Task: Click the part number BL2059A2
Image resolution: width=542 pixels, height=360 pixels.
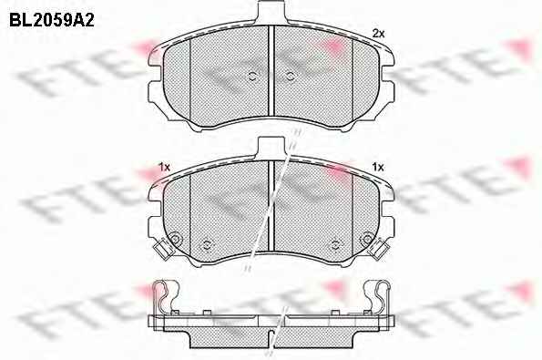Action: click(52, 20)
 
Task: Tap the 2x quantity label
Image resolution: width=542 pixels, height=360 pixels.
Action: click(378, 34)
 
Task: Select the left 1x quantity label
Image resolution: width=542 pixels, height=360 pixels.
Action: click(164, 168)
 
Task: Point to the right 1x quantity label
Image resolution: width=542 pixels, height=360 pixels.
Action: click(378, 168)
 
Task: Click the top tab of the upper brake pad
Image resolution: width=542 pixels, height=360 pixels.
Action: click(271, 13)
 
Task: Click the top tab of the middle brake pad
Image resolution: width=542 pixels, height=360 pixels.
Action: click(271, 148)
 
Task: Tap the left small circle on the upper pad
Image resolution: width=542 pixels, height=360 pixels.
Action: click(252, 77)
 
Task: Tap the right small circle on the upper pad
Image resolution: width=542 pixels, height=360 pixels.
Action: click(291, 77)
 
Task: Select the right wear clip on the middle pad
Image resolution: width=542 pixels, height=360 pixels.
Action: click(379, 249)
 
